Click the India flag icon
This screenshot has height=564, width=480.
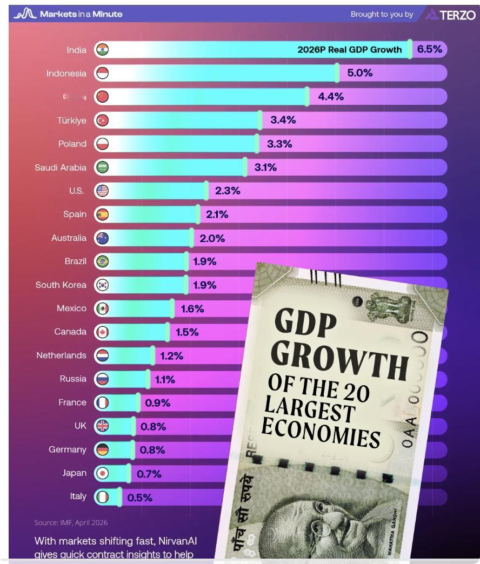coord(102,50)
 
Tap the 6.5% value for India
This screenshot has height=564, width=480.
coord(429,50)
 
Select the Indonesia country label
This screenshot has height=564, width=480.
coord(66,73)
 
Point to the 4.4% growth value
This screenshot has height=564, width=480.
coord(330,97)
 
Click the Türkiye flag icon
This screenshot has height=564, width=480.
coord(102,120)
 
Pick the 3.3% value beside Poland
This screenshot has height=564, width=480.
coord(279,144)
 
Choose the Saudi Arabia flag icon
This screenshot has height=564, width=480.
coord(102,167)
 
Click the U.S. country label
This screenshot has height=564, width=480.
coord(77,191)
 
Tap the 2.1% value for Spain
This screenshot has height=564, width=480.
coord(217,214)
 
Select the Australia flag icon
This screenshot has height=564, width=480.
coord(102,238)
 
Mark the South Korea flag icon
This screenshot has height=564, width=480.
coord(102,285)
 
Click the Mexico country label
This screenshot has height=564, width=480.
coord(71,308)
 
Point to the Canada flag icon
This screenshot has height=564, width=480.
coord(102,332)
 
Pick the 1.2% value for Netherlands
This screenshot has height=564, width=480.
coord(171,355)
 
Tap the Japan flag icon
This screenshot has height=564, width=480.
coord(102,473)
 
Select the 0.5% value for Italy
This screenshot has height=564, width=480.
coord(139,498)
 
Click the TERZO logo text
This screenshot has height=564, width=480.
coord(457,15)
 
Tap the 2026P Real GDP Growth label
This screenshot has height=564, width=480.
coord(350,50)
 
